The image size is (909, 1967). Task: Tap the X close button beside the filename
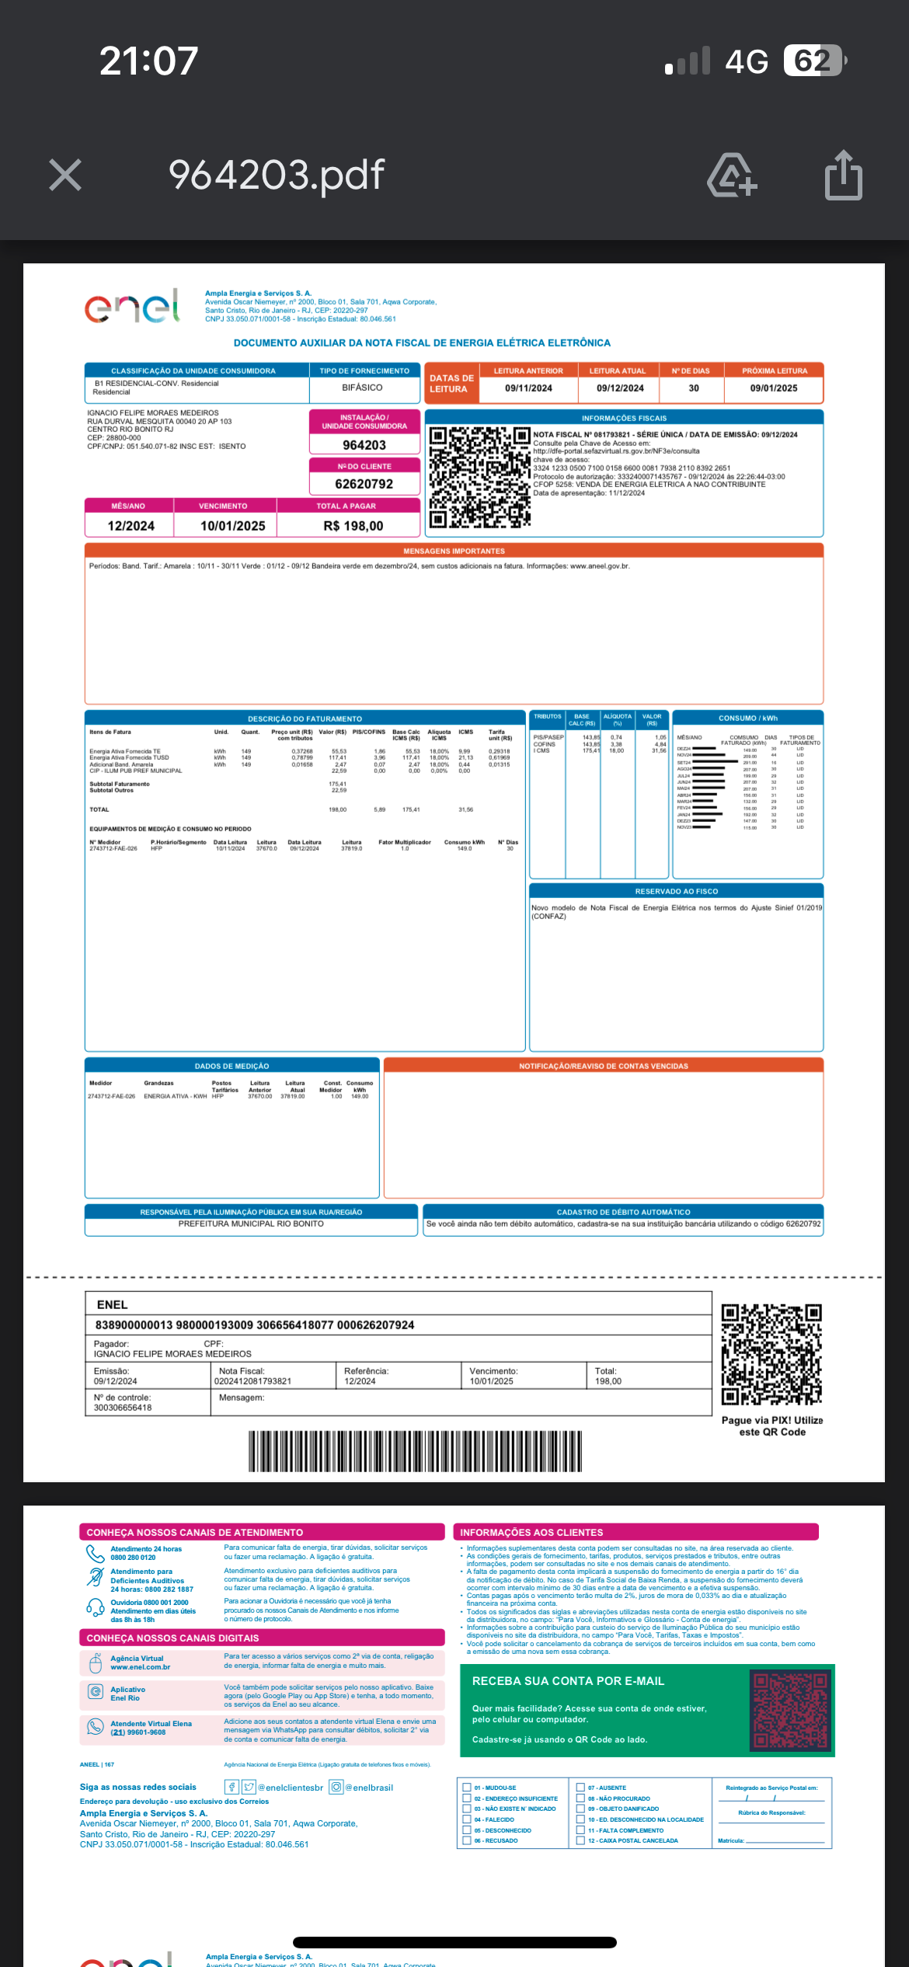coord(65,175)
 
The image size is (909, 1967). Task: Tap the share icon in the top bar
coord(843,176)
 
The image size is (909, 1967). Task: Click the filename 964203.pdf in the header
coord(276,175)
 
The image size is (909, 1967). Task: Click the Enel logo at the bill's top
coord(132,306)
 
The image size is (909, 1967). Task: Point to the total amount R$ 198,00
coord(353,526)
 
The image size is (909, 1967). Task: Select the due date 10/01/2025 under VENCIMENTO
coord(232,526)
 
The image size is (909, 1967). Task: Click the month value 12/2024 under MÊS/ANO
coord(131,526)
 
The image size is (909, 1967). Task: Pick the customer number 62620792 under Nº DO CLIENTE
coord(364,484)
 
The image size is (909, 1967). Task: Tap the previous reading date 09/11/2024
coord(528,388)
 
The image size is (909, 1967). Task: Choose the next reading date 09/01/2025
coord(773,388)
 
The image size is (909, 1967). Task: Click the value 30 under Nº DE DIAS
coord(693,388)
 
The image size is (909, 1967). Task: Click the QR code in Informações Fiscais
coord(479,477)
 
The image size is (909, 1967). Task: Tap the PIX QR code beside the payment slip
coord(771,1355)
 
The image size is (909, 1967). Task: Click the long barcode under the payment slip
coord(415,1451)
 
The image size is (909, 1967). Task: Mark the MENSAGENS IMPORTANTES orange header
coord(454,551)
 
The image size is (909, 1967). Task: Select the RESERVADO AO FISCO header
coord(676,891)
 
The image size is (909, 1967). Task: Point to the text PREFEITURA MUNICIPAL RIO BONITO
coord(251,1224)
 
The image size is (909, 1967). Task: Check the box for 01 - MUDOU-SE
coord(467,1788)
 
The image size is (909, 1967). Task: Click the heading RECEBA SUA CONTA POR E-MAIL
coord(568,1681)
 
